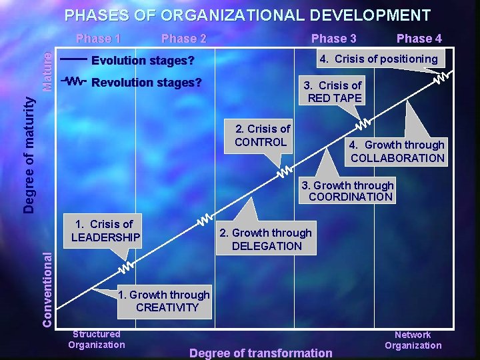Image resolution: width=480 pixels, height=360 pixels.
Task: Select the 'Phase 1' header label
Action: coord(98,38)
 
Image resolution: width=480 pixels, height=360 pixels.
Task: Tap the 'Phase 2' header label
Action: coord(184,39)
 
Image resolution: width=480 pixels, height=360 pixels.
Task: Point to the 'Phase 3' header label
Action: coord(333,39)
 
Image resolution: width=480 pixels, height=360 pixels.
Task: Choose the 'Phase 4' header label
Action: coord(419,39)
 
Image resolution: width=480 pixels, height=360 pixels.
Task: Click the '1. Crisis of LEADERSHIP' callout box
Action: coord(105,230)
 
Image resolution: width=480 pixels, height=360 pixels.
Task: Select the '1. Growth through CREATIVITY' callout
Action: coord(164,301)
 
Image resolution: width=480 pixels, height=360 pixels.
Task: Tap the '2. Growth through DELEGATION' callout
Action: coord(266,239)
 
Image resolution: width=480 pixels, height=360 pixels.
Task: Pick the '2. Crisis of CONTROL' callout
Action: coord(262,135)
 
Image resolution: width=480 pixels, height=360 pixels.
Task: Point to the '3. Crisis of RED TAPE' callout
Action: coord(333,91)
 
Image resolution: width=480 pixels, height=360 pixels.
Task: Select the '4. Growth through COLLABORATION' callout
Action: coord(397,151)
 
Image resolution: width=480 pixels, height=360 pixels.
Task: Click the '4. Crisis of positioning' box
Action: coord(378,59)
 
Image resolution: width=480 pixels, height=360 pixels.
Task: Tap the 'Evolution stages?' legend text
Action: coord(143,61)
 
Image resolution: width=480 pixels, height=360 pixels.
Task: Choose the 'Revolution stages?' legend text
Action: coord(146,83)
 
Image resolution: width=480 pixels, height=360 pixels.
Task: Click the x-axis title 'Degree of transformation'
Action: coord(261,353)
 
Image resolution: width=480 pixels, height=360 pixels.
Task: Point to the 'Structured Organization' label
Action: coord(97,339)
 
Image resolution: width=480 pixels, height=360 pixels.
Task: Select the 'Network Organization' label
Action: coord(413,340)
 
